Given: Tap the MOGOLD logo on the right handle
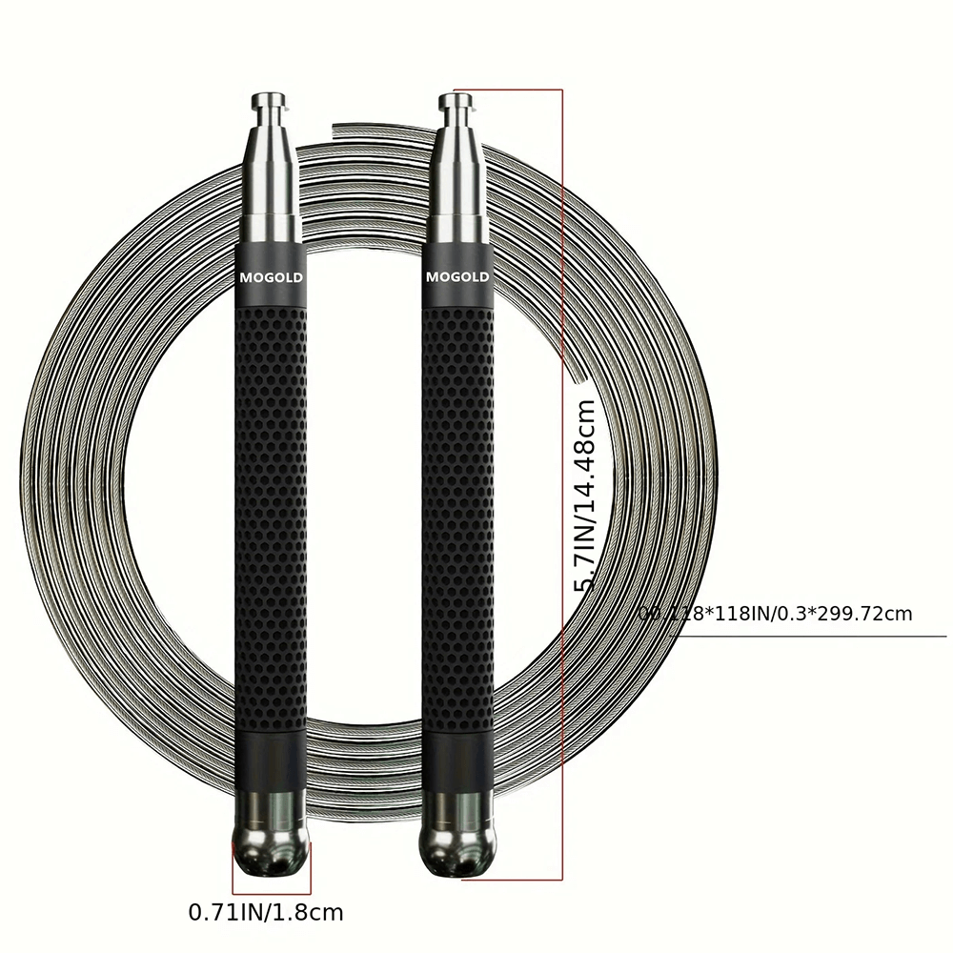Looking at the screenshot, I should click(457, 277).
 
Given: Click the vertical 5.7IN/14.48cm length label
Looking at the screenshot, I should click(585, 496).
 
